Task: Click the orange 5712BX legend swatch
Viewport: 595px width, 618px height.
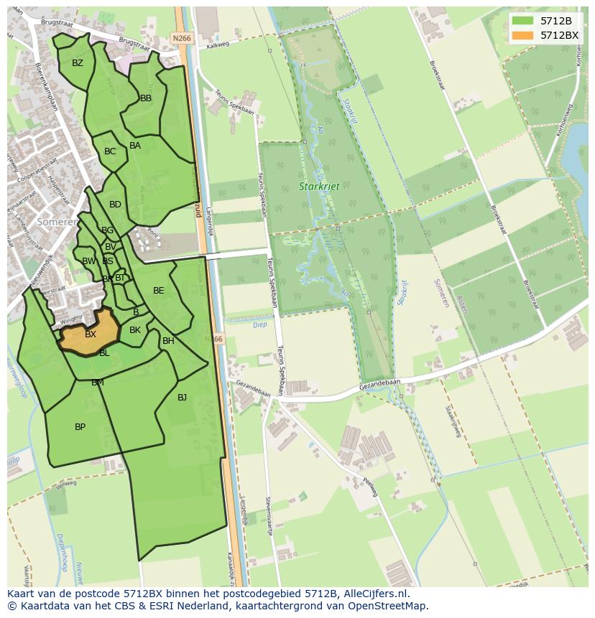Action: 523,35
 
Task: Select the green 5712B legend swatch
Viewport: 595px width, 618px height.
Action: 523,21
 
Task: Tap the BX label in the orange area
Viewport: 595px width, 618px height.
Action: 91,334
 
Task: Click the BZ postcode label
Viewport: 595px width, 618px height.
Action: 78,63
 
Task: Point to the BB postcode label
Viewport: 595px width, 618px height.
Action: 146,98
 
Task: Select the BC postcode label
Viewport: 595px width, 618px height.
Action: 110,151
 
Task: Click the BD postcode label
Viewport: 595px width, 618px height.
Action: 115,205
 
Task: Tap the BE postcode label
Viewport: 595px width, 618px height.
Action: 159,291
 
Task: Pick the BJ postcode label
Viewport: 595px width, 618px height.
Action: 182,397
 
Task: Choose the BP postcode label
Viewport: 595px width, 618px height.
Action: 80,427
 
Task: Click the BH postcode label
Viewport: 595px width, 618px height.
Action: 168,341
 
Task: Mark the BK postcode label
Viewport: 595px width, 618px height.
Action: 135,330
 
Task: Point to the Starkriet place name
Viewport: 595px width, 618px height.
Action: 319,187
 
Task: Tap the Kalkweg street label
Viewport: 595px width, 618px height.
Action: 216,45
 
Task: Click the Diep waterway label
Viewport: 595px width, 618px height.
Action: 260,324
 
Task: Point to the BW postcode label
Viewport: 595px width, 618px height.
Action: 88,261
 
